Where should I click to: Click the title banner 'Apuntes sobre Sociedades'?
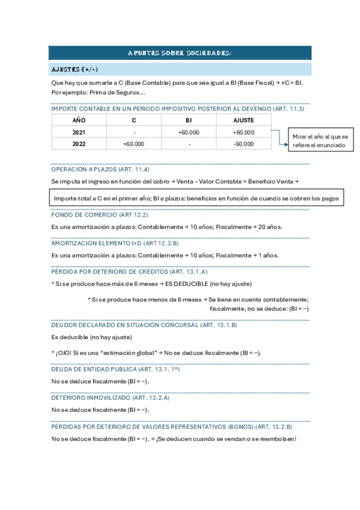(x=179, y=54)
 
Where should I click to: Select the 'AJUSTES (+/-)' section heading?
(x=75, y=69)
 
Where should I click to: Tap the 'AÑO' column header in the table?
(x=79, y=120)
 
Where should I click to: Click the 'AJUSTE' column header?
(x=243, y=120)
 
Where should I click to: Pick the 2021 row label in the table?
(x=79, y=132)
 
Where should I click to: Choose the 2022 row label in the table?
(x=79, y=144)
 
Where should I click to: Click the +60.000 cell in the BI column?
(x=189, y=132)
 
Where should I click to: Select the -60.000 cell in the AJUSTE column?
(x=243, y=144)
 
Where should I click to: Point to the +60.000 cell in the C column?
(x=133, y=144)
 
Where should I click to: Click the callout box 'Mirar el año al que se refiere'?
(x=320, y=141)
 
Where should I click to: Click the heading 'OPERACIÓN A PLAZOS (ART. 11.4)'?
(x=100, y=170)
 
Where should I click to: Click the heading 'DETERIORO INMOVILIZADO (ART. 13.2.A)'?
(x=111, y=398)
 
